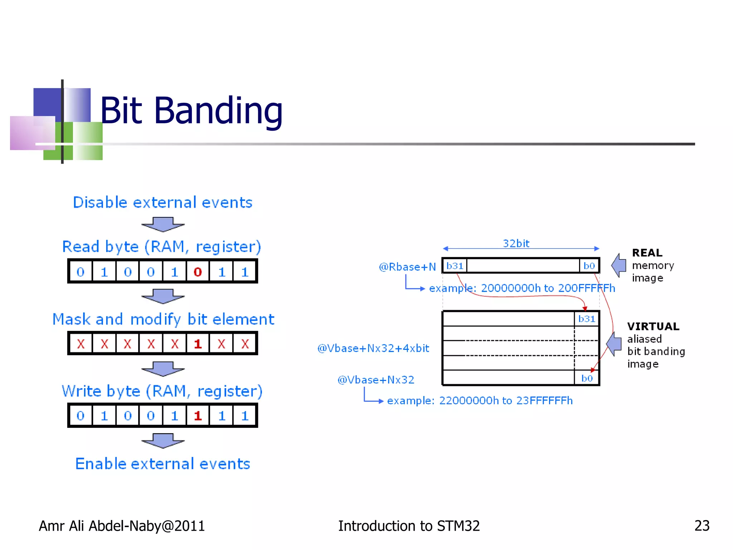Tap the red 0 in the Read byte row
(198, 272)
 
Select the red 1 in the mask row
(198, 344)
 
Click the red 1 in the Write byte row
(198, 416)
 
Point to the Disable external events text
(162, 202)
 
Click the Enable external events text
(162, 464)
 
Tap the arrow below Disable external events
(163, 225)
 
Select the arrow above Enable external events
(163, 441)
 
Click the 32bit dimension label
(516, 243)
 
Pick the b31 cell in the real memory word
(455, 266)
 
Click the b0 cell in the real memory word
(589, 266)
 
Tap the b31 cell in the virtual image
(586, 319)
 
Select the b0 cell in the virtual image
(587, 378)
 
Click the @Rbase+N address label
(407, 267)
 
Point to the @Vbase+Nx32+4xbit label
(373, 348)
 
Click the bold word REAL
(647, 253)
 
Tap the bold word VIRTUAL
(653, 326)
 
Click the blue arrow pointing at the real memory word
(618, 265)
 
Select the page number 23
(702, 526)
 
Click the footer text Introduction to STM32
(409, 526)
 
